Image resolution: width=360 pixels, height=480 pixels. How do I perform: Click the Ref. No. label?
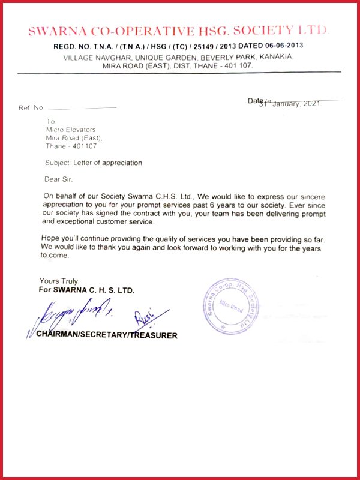[31, 107]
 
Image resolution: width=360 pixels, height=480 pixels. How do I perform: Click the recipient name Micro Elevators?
[71, 129]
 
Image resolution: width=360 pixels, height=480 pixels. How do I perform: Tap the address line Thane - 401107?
[71, 146]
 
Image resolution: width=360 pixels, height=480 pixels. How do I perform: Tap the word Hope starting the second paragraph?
[51, 239]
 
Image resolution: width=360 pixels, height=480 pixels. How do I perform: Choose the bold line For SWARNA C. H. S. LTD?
[86, 290]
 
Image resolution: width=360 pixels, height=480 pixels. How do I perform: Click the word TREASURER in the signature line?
[154, 335]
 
